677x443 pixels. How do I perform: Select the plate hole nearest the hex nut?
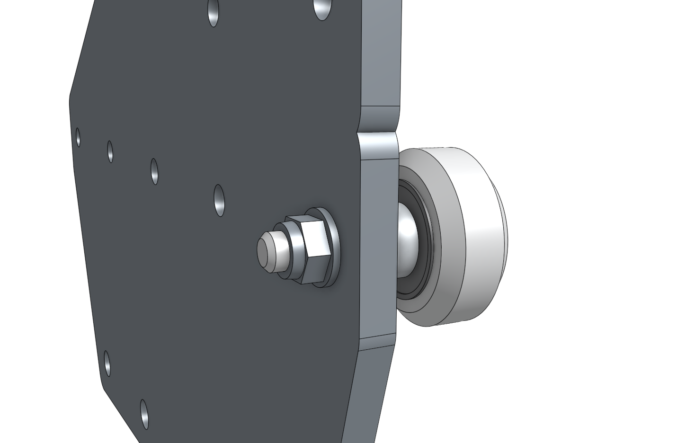(x=219, y=200)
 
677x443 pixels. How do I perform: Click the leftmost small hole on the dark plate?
(x=78, y=137)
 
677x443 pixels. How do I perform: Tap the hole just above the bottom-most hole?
(x=107, y=363)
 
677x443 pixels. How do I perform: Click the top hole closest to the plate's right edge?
(x=321, y=9)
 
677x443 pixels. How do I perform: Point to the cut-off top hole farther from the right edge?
(x=214, y=12)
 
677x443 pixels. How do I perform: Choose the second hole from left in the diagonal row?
(x=110, y=151)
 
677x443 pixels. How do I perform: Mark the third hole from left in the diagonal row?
(x=154, y=171)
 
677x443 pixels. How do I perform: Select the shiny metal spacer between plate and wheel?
(x=406, y=239)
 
